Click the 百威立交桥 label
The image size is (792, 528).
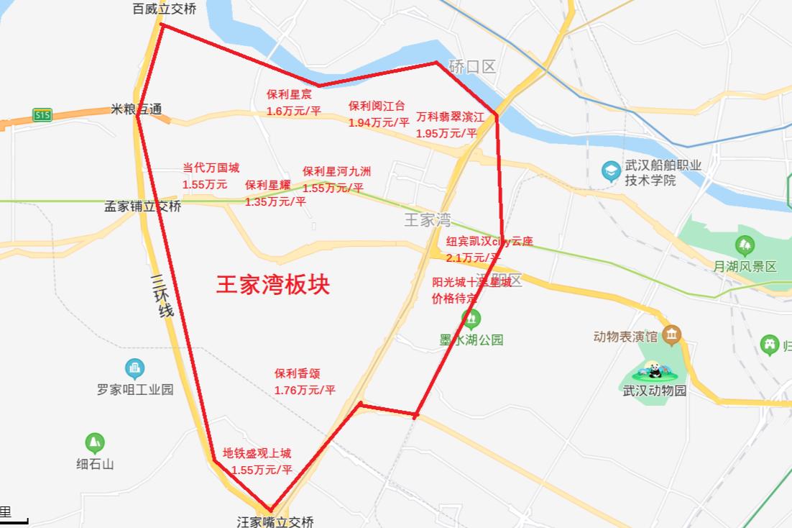pos(165,9)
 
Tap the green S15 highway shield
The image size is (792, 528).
pos(42,114)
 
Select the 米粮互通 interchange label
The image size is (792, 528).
pos(136,109)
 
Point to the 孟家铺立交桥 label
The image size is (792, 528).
pos(143,206)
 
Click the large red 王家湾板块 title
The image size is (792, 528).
pos(273,283)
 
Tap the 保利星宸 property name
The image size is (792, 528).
pos(289,94)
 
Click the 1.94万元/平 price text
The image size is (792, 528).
pos(379,123)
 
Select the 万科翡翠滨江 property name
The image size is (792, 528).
pos(451,117)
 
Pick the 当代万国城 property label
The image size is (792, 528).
pos(211,168)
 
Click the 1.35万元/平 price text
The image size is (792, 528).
pos(275,202)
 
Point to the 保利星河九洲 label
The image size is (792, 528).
pos(336,171)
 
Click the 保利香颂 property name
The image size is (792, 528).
pos(297,373)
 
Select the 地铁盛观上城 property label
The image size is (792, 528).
pos(257,453)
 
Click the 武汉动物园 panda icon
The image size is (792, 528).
pos(655,371)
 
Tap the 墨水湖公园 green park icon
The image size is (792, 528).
pos(471,317)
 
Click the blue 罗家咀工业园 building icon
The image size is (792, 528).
pos(134,369)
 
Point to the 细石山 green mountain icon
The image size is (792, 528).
pos(95,442)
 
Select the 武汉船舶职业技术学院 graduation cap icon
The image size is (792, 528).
pos(611,171)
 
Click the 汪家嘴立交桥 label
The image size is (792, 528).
pos(275,522)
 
